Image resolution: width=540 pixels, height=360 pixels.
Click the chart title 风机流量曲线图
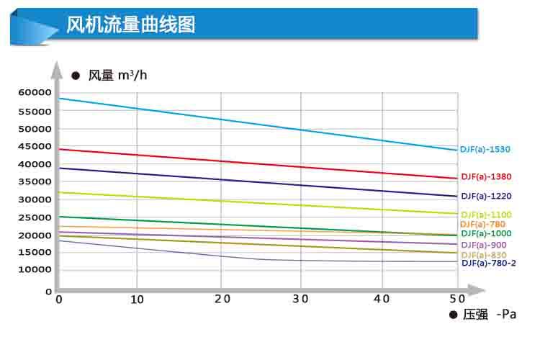(130, 26)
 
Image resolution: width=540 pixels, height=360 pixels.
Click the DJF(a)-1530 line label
(485, 149)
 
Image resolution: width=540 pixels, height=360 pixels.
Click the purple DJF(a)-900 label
(483, 245)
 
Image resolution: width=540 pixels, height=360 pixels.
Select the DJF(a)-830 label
(483, 255)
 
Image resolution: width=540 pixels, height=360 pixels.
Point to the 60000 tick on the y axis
(34, 93)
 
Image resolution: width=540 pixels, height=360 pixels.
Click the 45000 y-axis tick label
(34, 147)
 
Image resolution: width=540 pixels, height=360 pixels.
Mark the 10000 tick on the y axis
(34, 269)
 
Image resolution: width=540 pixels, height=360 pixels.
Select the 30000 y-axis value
(34, 199)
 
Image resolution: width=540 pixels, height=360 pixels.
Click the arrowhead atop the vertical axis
(57, 68)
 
